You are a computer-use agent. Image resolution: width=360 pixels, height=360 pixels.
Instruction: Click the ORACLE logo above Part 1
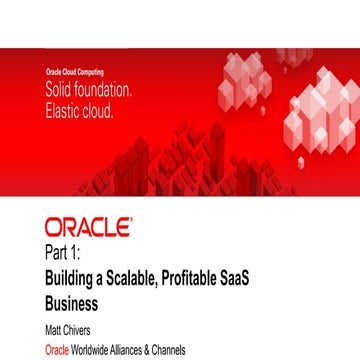click(88, 227)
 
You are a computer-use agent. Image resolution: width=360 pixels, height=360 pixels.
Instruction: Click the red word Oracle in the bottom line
click(57, 350)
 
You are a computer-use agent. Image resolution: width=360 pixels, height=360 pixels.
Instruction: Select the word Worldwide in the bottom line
click(99, 350)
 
